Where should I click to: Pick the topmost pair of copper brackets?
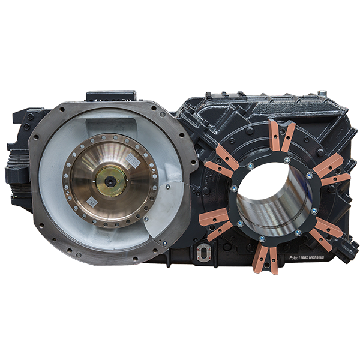click(280, 136)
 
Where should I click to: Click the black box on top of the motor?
click(110, 95)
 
